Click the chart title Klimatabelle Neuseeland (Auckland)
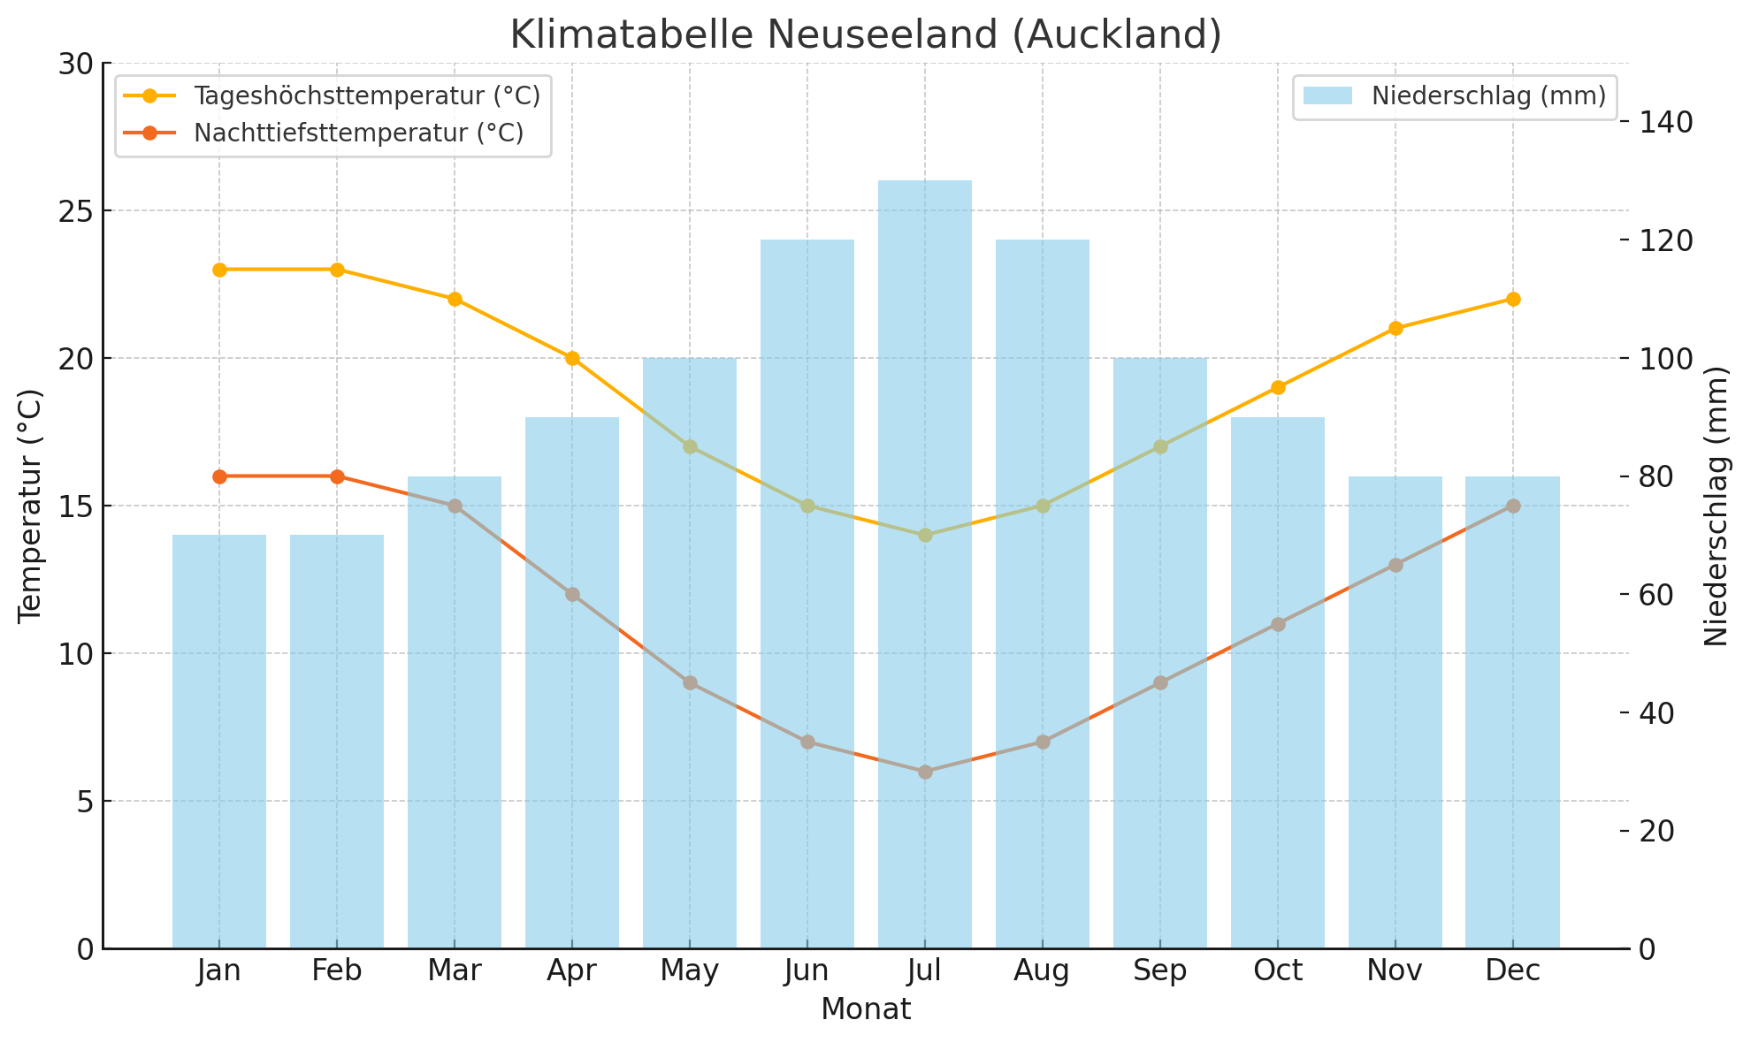point(866,35)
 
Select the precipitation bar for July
point(924,566)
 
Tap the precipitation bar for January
point(219,742)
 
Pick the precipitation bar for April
point(572,681)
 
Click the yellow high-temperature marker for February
point(337,270)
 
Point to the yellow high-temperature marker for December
point(1512,299)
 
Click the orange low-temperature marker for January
point(219,476)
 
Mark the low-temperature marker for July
point(924,772)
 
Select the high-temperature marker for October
point(1277,387)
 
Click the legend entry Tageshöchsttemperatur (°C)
point(366,95)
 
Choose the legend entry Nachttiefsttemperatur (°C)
point(358,133)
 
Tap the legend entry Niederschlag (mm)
point(1488,95)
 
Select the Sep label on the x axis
point(1159,971)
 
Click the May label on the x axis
point(689,971)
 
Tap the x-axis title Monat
point(866,1009)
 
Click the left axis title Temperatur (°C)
point(30,506)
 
